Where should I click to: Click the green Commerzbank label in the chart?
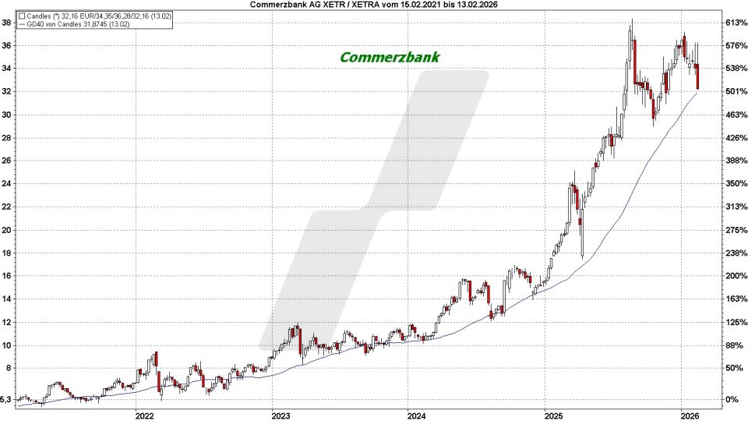(x=390, y=58)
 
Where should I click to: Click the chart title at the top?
(x=374, y=5)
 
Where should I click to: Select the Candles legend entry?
(x=70, y=16)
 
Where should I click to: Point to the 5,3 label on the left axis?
(x=7, y=400)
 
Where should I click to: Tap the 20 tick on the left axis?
(x=7, y=230)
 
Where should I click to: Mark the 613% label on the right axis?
(x=736, y=23)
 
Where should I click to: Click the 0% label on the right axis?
(x=732, y=400)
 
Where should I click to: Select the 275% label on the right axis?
(x=736, y=230)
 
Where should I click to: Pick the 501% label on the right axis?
(x=736, y=91)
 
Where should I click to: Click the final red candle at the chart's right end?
(x=698, y=77)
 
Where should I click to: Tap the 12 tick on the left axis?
(x=7, y=322)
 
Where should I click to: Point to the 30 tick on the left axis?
(x=7, y=115)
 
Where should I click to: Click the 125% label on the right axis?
(x=736, y=322)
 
